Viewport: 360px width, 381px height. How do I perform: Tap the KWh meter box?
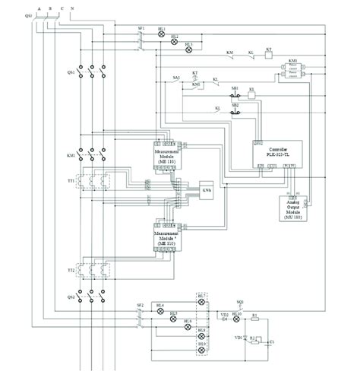coord(207,189)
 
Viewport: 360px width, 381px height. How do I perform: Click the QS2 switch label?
coord(71,297)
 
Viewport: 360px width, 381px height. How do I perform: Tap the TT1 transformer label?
coord(71,182)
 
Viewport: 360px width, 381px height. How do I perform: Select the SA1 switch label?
coord(175,79)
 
